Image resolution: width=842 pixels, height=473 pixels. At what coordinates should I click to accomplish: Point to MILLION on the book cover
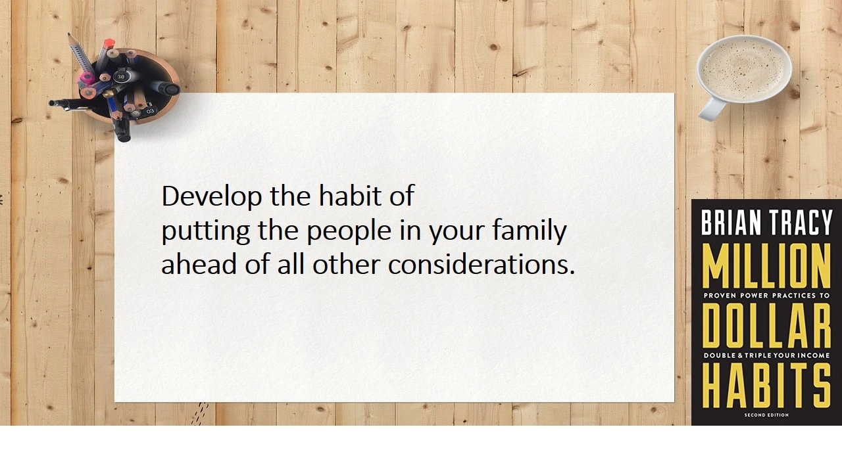coord(766,265)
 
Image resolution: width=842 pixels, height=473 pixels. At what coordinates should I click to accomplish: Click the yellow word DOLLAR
coord(766,326)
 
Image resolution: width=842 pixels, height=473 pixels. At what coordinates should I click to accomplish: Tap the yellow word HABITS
coord(766,386)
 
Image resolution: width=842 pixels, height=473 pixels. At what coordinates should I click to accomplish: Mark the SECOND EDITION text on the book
coord(766,415)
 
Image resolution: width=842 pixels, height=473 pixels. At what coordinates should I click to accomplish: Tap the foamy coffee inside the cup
coord(743,67)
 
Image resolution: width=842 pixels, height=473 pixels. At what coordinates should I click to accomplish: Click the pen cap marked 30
coord(121,76)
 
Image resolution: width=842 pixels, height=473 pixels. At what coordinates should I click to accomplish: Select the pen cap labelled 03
coord(150,111)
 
